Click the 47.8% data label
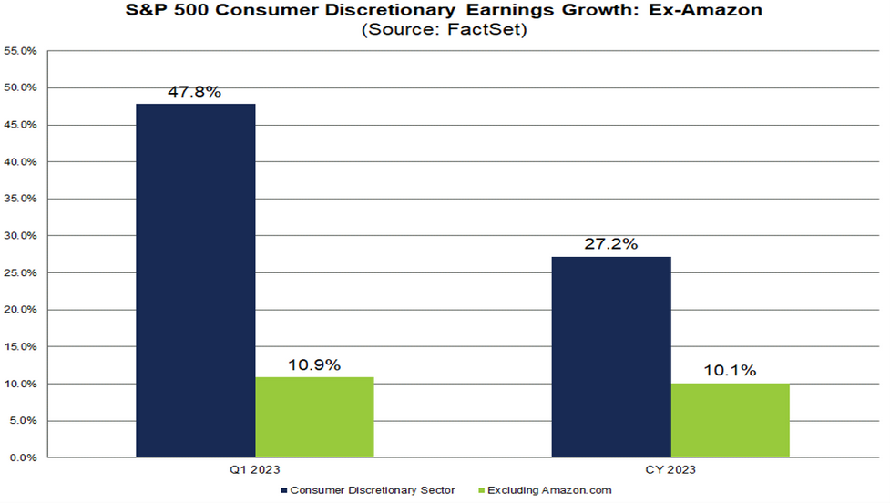(195, 92)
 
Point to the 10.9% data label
(314, 365)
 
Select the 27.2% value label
(611, 245)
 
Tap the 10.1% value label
(731, 371)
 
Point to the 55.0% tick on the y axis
(20, 52)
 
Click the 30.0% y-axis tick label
(20, 236)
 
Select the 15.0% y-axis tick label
(20, 347)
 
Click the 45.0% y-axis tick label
(20, 126)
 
